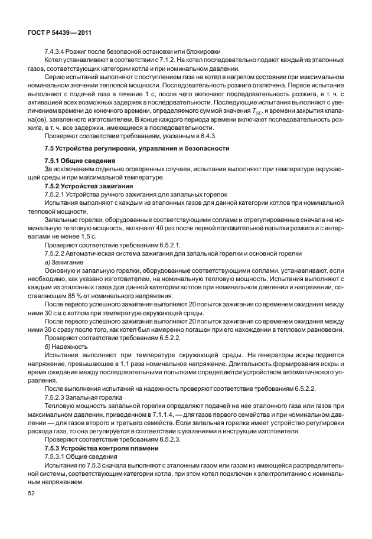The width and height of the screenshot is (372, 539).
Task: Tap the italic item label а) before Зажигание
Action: (x=47, y=262)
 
